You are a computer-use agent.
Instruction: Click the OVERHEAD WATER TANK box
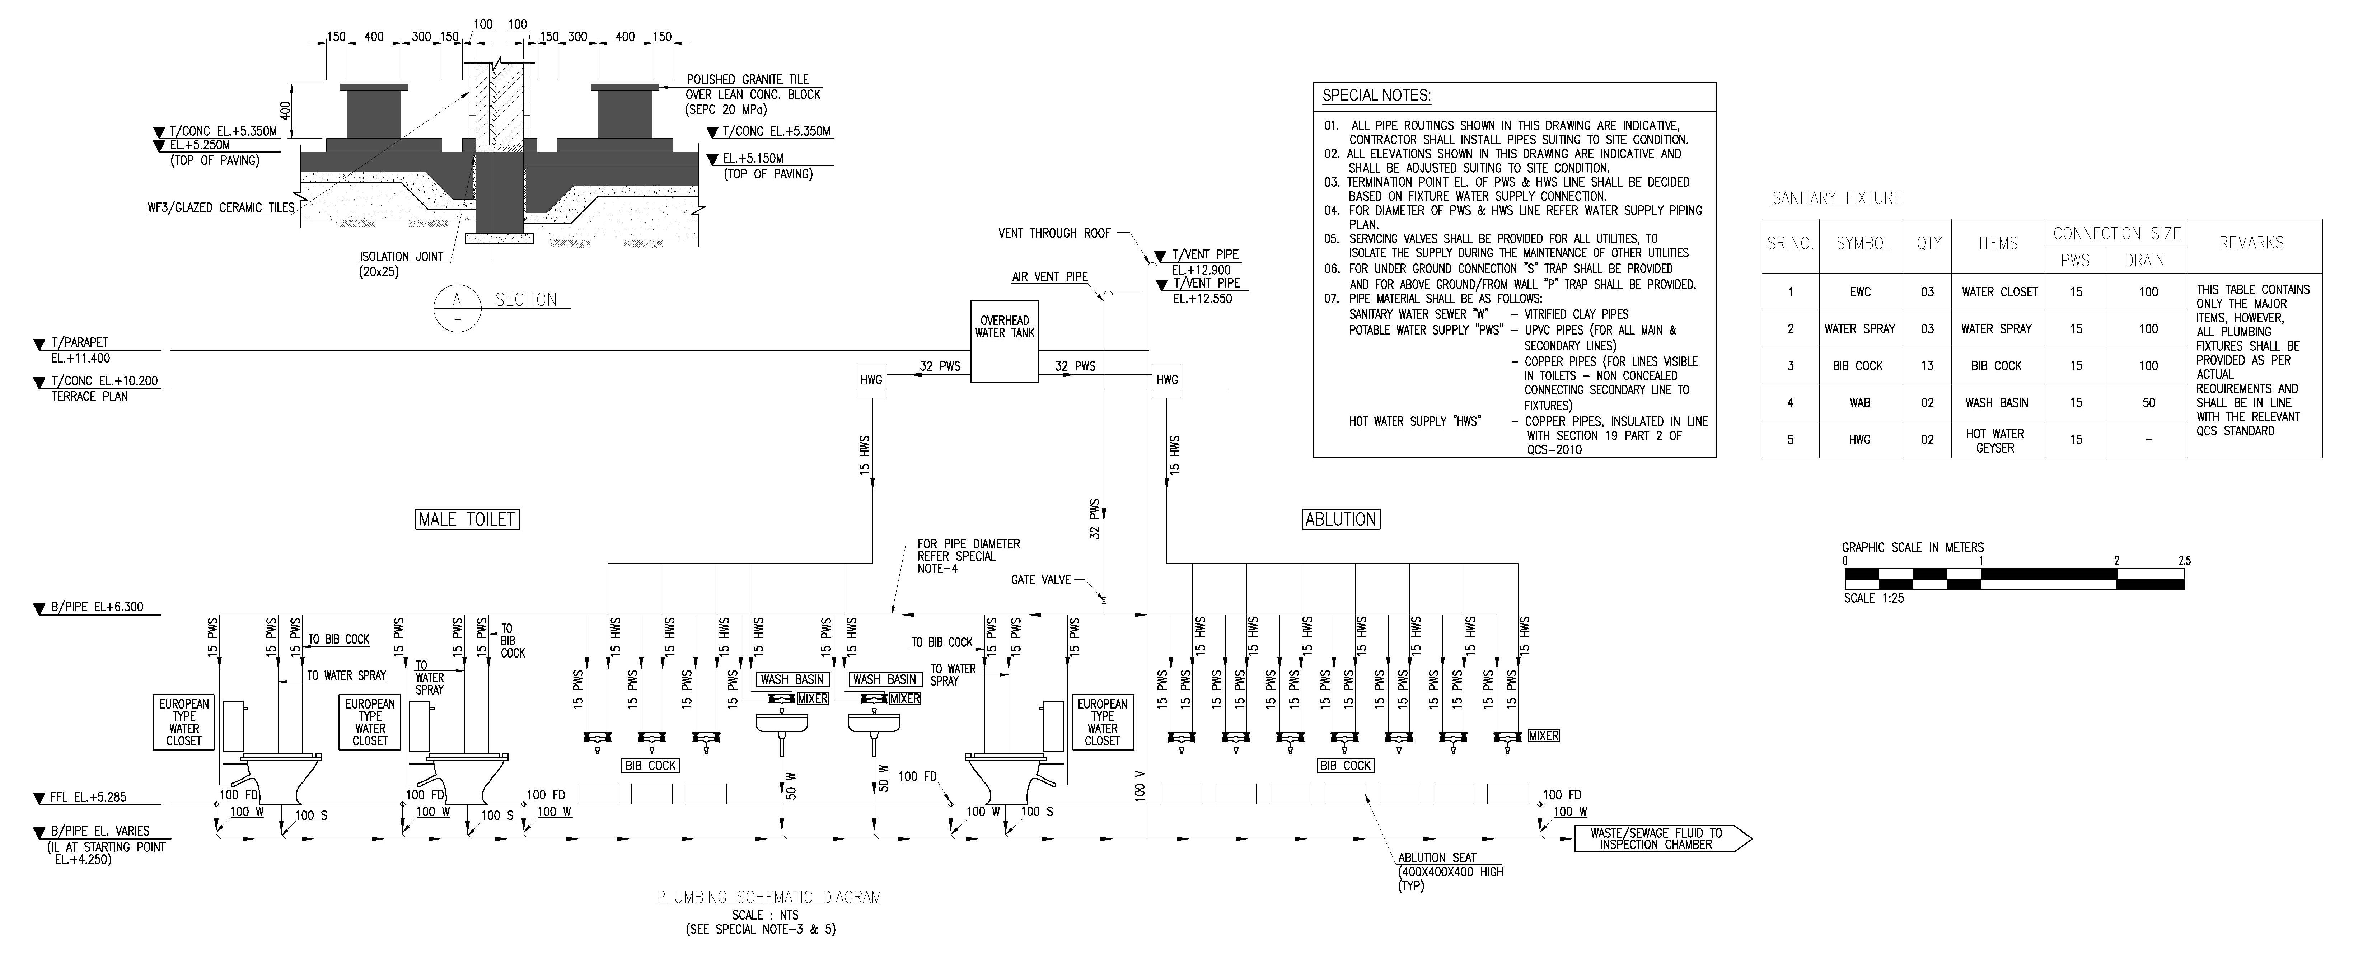[1005, 340]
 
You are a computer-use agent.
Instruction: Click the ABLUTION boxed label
[1341, 519]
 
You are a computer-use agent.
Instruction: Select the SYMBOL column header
[1863, 243]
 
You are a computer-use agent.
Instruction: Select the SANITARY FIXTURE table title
[1836, 198]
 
